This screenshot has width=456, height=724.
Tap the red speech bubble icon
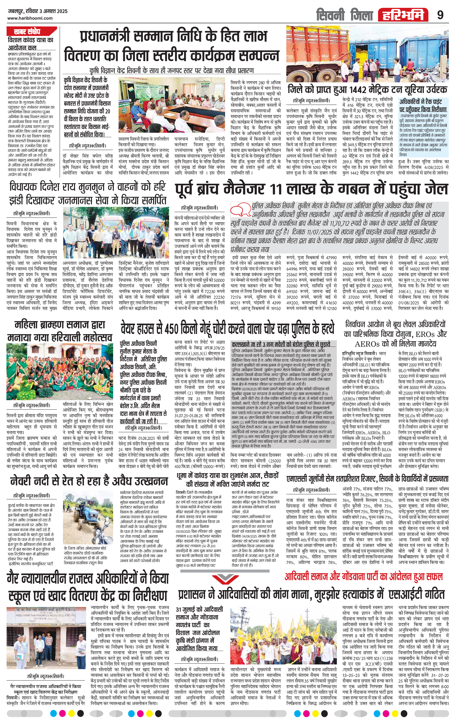coord(241,208)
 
